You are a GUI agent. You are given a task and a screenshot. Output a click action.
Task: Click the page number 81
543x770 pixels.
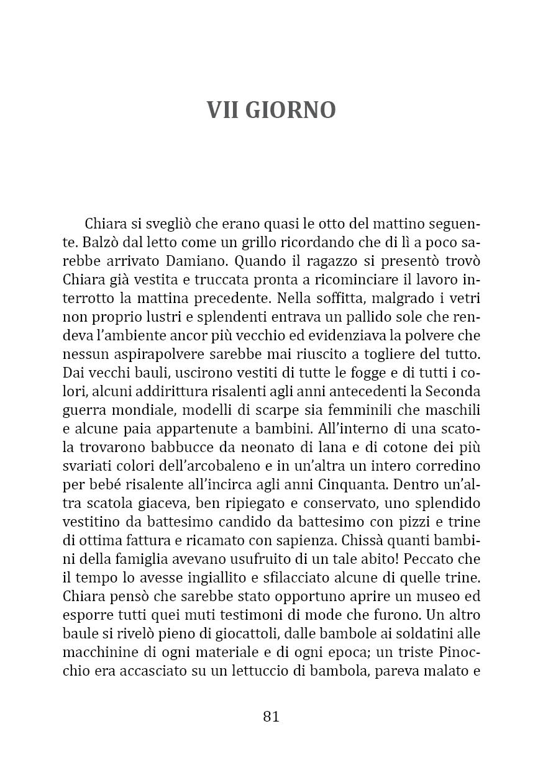click(x=271, y=716)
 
